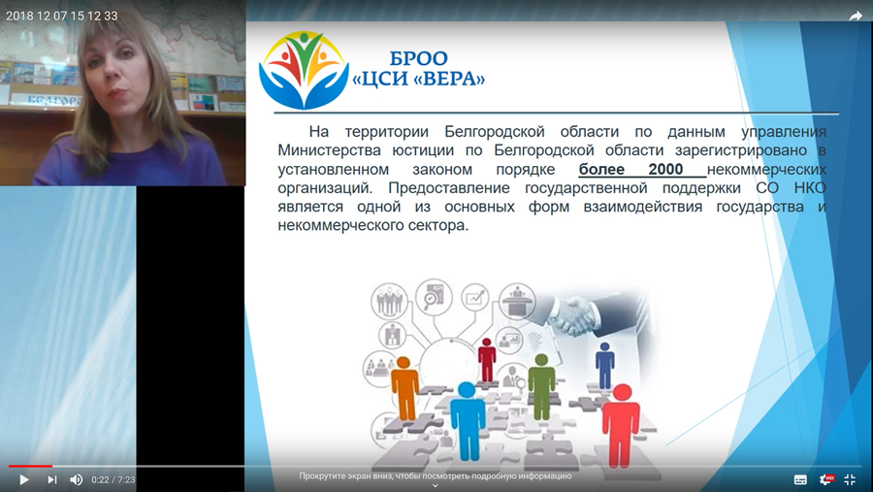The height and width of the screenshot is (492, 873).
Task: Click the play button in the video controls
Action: (24, 479)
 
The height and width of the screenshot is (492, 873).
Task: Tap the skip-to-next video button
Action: (51, 479)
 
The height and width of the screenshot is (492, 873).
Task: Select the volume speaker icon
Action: (77, 479)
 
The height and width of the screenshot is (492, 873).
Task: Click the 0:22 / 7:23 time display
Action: (113, 479)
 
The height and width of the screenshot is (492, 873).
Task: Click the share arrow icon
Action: (856, 16)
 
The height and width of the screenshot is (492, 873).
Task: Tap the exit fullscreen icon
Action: (850, 479)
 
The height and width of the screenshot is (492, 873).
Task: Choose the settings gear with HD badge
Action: (826, 479)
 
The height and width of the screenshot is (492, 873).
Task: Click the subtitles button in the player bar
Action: (800, 479)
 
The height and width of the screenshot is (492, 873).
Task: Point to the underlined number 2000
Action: (665, 169)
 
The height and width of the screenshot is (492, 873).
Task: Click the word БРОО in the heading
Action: (418, 58)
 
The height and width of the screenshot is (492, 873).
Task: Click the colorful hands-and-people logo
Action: (304, 70)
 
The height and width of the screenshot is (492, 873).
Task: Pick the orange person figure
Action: (405, 388)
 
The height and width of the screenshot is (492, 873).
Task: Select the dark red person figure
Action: (487, 360)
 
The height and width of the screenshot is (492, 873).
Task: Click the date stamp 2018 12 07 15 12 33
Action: (62, 16)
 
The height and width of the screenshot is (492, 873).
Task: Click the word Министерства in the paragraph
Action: (329, 150)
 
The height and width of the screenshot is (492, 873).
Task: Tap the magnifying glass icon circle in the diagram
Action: (433, 296)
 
